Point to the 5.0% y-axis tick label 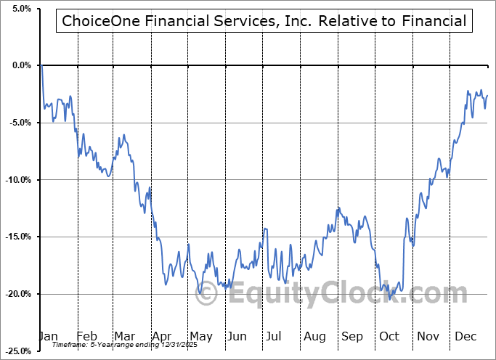pos(20,9)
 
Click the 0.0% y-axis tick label pos(20,65)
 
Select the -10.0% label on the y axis pos(17,180)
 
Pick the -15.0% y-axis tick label pos(17,237)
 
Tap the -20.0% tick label pos(17,294)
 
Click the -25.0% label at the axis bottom pos(17,351)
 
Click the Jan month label pos(48,337)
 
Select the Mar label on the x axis pos(124,337)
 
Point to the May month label pos(200,337)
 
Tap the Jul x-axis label pos(274,337)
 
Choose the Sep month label pos(352,337)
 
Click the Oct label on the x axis pos(389,337)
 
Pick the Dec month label pos(465,337)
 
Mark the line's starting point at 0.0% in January pos(42,66)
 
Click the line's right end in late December pos(487,96)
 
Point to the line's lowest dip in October pos(390,298)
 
